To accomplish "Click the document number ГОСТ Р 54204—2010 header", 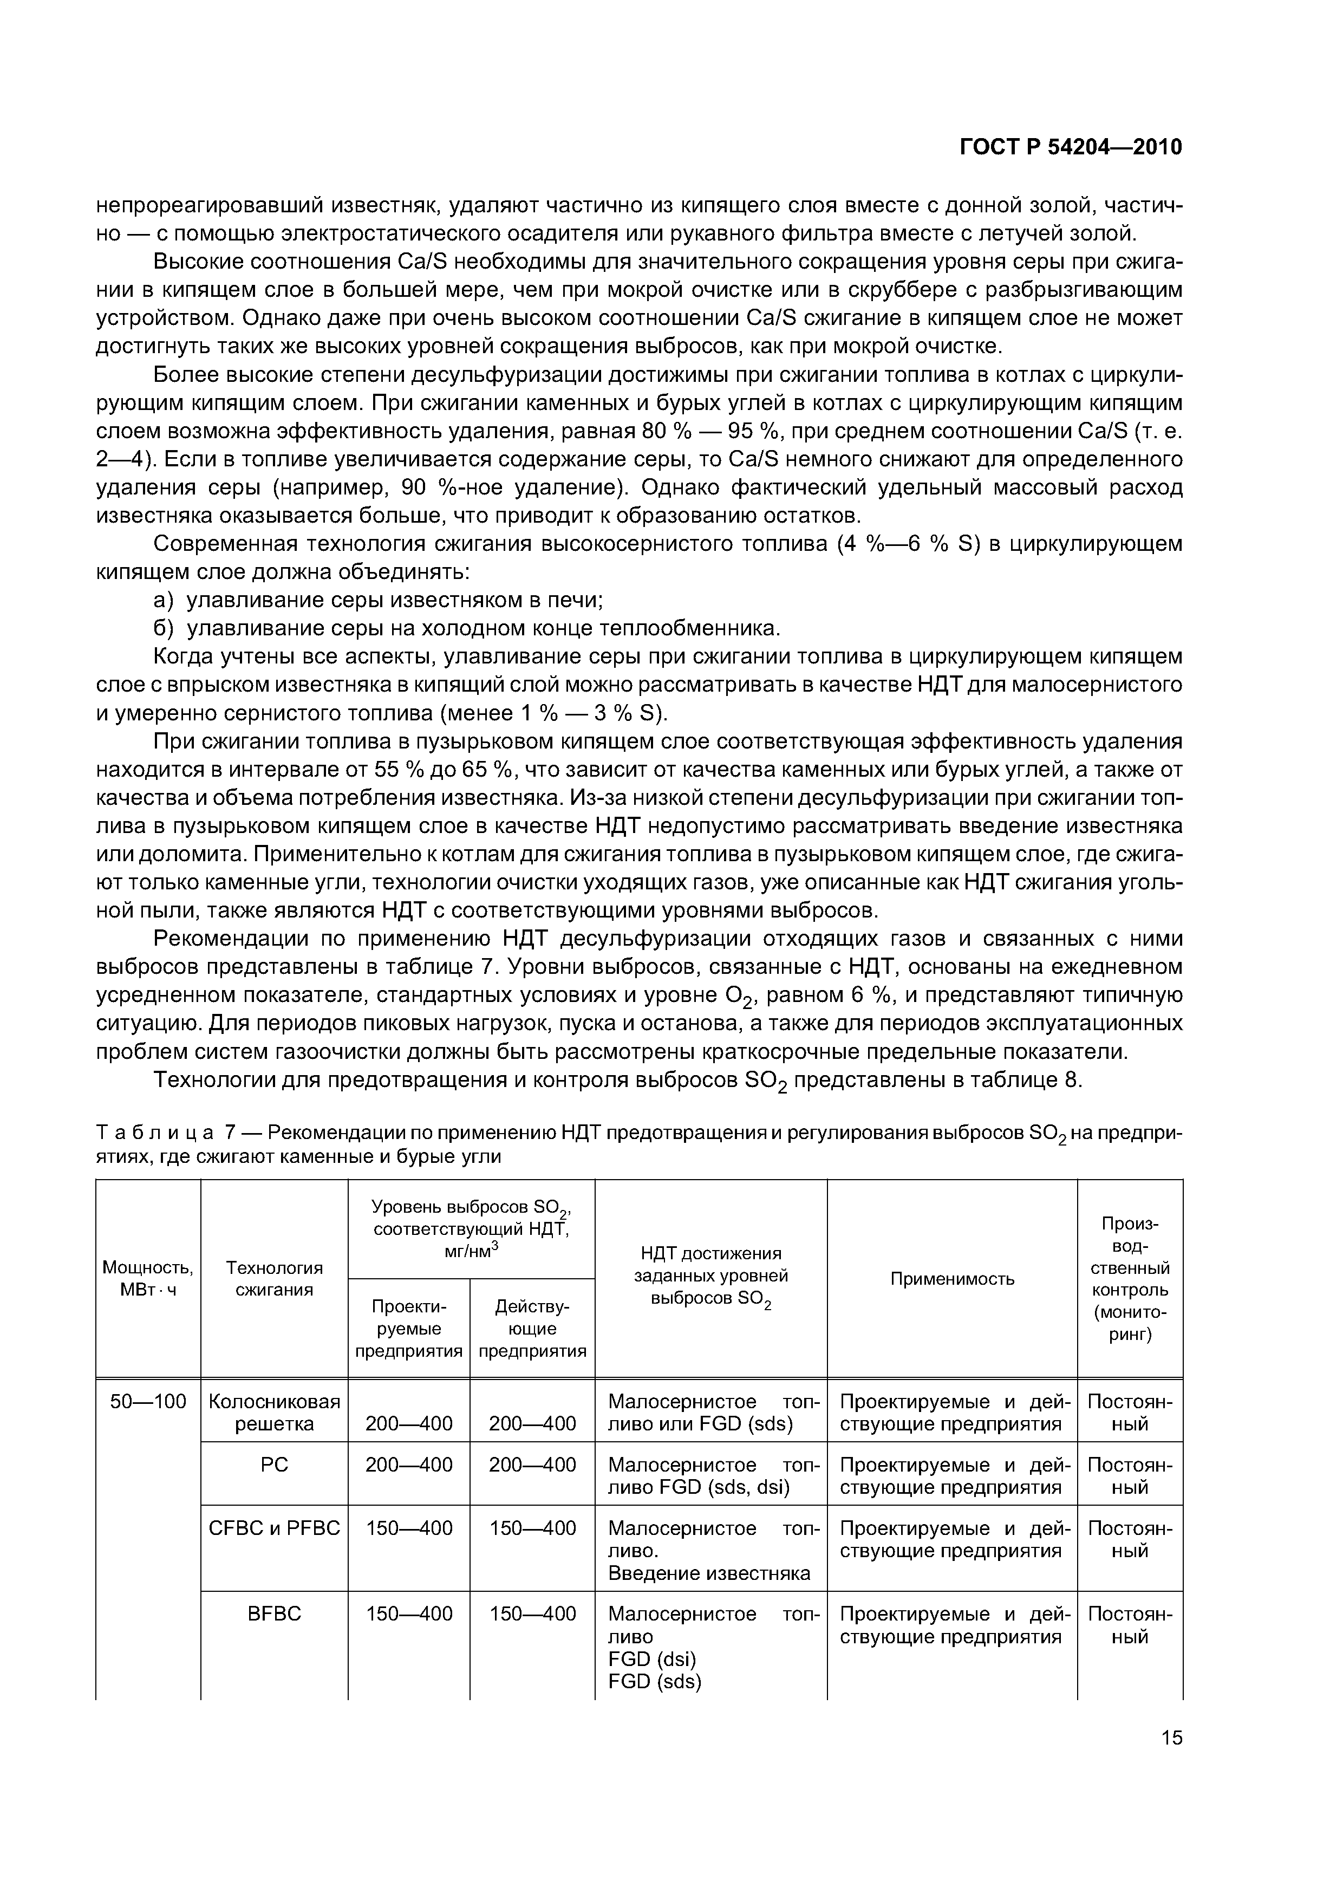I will (1070, 147).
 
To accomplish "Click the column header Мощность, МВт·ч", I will (148, 1279).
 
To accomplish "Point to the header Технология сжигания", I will (274, 1279).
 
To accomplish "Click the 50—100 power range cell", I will (148, 1401).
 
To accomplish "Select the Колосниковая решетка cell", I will (274, 1413).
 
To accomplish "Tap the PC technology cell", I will (274, 1465).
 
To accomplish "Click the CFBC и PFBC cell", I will (274, 1527).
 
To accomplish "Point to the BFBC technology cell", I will (274, 1613).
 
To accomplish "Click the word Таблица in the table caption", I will (155, 1132).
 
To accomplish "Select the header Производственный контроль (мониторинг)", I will (1130, 1279).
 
